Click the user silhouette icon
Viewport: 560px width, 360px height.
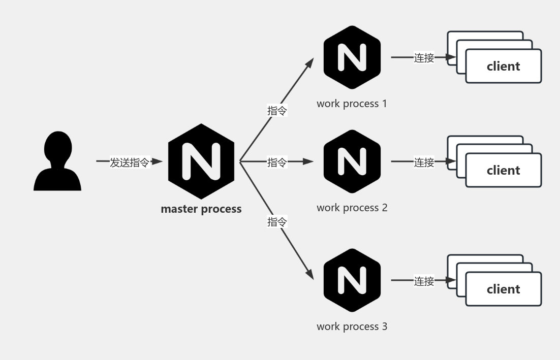[57, 161]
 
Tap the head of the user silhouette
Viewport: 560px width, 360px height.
[58, 145]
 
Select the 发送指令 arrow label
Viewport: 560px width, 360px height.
[130, 162]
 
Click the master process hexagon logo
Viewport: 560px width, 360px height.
[201, 161]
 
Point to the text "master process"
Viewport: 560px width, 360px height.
[201, 209]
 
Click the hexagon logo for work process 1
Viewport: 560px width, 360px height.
[352, 57]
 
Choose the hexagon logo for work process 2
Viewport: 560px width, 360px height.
[352, 161]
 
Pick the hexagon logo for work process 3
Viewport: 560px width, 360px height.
[352, 280]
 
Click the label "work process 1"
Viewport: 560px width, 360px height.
[352, 104]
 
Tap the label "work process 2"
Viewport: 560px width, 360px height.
[352, 208]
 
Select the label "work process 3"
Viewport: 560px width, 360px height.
[352, 326]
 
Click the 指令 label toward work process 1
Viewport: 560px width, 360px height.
[277, 110]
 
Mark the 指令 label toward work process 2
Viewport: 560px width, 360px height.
[277, 162]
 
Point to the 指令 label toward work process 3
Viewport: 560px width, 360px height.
[277, 222]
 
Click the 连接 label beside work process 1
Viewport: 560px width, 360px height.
[424, 58]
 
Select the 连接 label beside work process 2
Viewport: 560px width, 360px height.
[424, 162]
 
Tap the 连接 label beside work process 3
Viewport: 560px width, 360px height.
[424, 281]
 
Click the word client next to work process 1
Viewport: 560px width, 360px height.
[503, 67]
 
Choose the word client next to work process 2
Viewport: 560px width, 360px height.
[503, 171]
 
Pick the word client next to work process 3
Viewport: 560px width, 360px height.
[503, 289]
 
